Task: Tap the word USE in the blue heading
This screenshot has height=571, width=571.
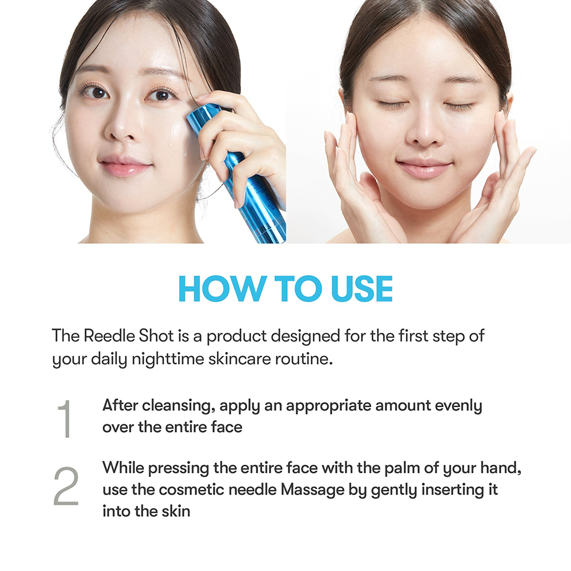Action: click(361, 289)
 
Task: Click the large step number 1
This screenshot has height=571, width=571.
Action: click(65, 419)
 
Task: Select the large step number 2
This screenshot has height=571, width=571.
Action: click(66, 486)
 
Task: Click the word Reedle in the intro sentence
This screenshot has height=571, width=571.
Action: click(109, 336)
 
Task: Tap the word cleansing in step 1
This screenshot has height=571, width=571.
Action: click(176, 405)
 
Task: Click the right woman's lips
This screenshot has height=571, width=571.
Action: click(424, 168)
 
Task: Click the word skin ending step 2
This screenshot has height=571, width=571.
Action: click(176, 511)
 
